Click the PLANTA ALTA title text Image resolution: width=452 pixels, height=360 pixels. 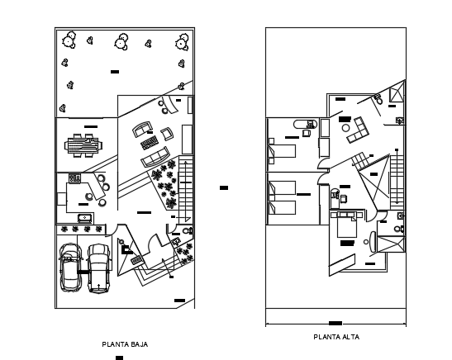335,338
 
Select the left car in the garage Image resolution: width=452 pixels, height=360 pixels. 71,268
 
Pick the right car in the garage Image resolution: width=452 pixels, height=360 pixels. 99,268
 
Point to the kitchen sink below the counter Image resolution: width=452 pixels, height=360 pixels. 86,218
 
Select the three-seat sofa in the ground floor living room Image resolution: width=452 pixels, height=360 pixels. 155,159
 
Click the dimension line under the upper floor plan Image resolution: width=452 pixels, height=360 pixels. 335,322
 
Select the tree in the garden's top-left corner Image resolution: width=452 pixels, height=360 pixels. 68,38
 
